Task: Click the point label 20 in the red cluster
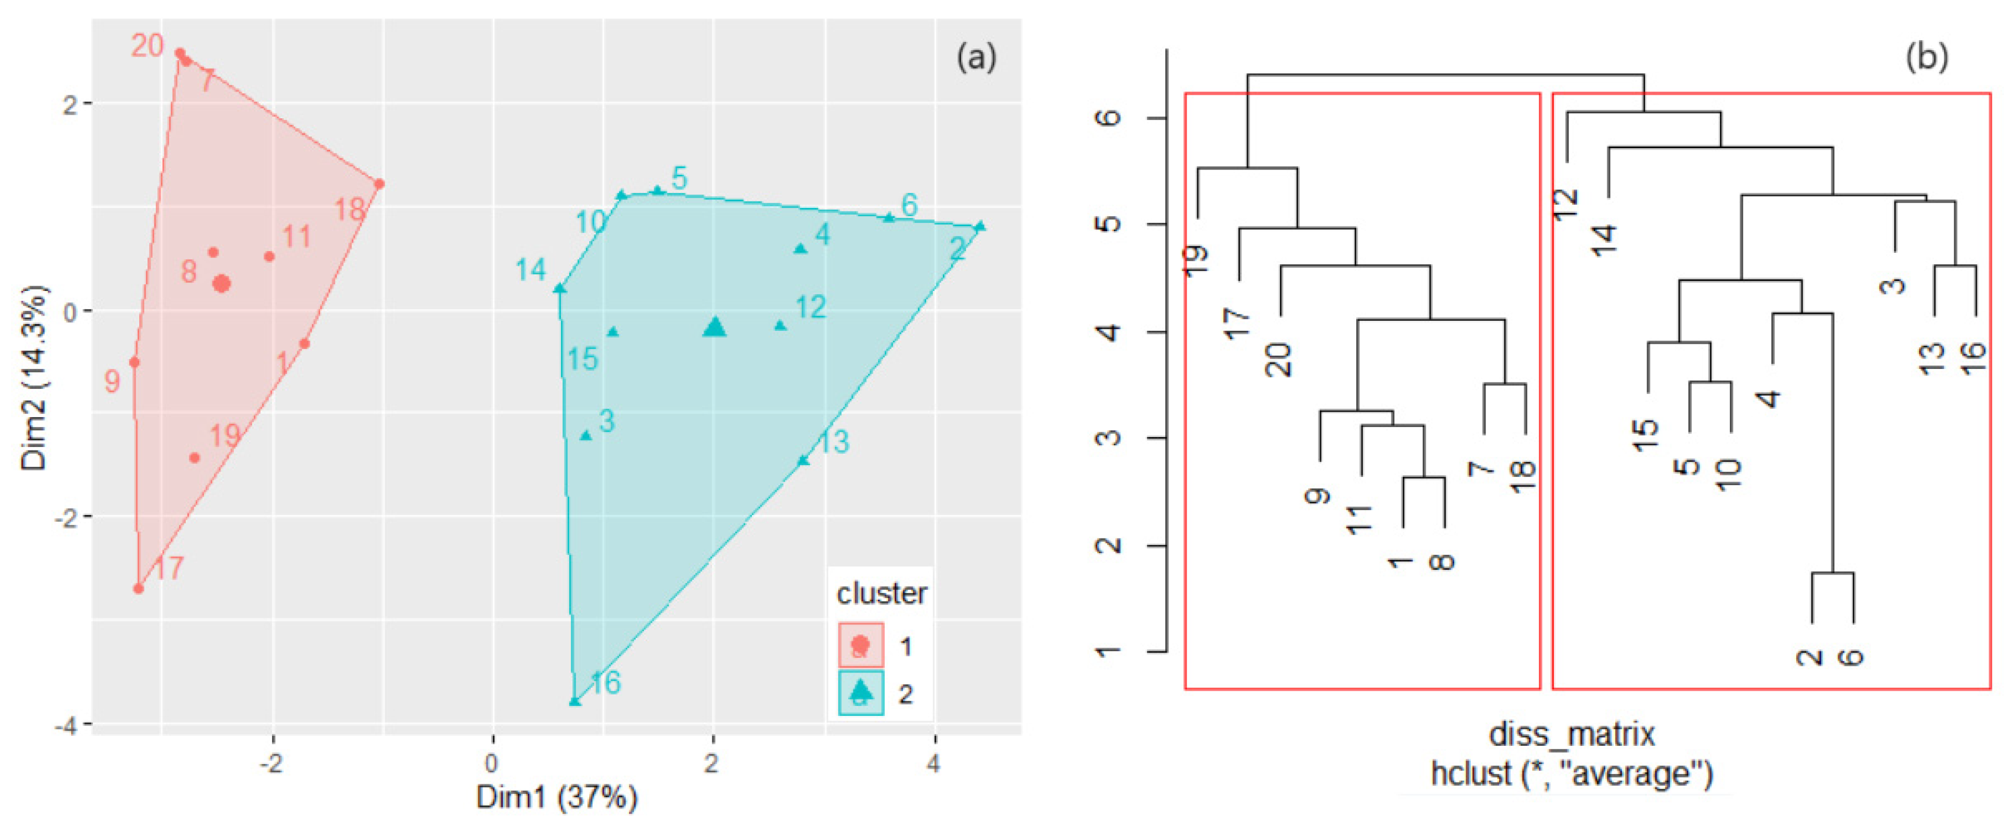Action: coord(147,46)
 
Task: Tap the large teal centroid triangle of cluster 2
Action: coord(714,327)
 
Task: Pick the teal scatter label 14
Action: coord(531,270)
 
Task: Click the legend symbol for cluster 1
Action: coord(860,645)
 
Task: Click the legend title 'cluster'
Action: coord(882,593)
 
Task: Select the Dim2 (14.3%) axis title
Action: coord(34,378)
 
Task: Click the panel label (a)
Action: coord(976,58)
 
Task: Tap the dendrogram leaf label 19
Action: coord(1196,260)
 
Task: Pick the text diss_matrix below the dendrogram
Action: coord(1571,734)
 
